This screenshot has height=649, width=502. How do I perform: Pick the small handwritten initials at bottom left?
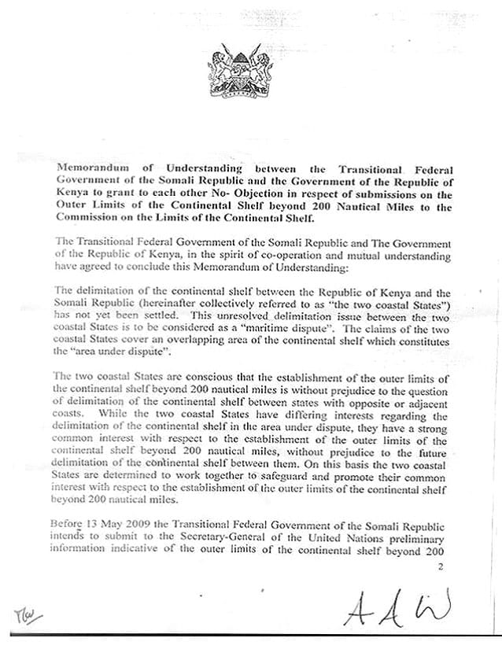(x=30, y=614)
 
